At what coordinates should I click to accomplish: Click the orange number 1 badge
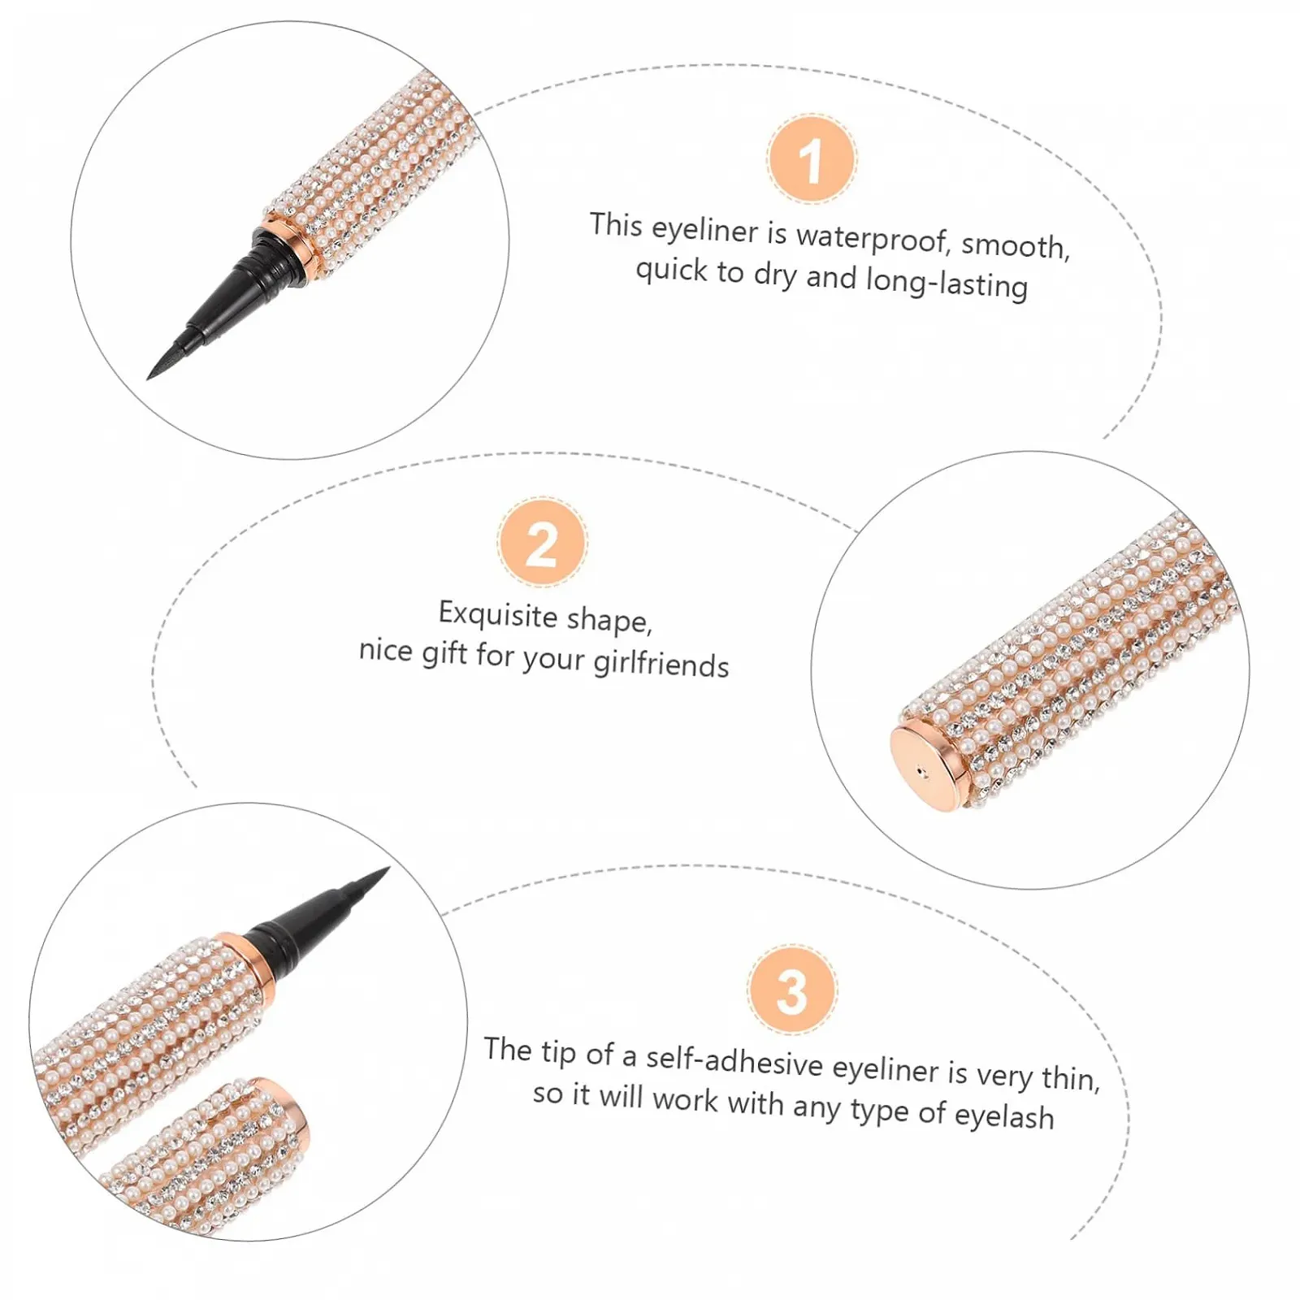pyautogui.click(x=811, y=159)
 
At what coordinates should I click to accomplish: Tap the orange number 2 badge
pyautogui.click(x=542, y=543)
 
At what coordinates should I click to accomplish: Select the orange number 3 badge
pyautogui.click(x=792, y=990)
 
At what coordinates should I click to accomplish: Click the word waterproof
pyautogui.click(x=873, y=238)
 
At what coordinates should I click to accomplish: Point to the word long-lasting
pyautogui.click(x=947, y=283)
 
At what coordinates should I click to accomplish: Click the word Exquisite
pyautogui.click(x=497, y=613)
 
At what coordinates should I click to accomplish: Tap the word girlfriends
pyautogui.click(x=661, y=663)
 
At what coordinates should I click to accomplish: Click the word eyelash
pyautogui.click(x=1004, y=1116)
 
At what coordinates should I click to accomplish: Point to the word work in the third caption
pyautogui.click(x=685, y=1099)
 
